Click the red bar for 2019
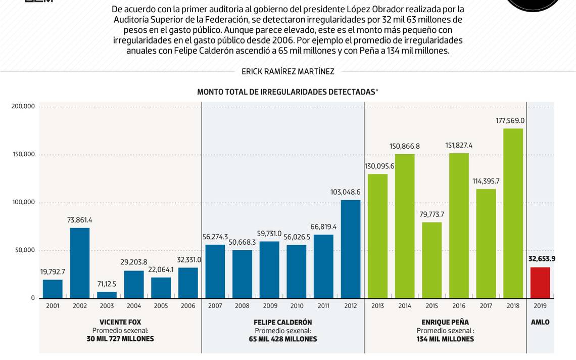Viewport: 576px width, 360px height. [x=540, y=283]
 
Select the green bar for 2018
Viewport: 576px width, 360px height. [x=513, y=213]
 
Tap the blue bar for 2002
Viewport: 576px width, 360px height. [x=80, y=263]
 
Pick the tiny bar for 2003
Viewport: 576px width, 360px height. [x=107, y=295]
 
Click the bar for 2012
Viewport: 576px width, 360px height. [x=351, y=249]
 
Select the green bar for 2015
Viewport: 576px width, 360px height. [x=432, y=260]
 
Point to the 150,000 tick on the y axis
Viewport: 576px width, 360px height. [x=24, y=154]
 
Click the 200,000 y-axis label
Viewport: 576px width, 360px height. [x=23, y=106]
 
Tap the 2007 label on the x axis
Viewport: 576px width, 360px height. [x=215, y=306]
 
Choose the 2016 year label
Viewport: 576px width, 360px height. [x=459, y=306]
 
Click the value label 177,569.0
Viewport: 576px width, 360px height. [x=510, y=121]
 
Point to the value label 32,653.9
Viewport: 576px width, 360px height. [x=542, y=259]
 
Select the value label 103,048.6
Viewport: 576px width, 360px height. [x=345, y=192]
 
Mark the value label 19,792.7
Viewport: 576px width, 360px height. [x=53, y=272]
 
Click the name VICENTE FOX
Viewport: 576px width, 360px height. [x=120, y=322]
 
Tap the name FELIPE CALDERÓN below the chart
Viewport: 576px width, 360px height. [x=283, y=322]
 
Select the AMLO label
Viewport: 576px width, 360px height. [x=540, y=322]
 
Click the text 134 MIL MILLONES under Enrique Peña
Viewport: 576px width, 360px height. [x=445, y=339]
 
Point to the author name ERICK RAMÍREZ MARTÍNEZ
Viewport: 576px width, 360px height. [x=288, y=72]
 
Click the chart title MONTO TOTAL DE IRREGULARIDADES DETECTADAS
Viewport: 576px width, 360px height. [x=286, y=92]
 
